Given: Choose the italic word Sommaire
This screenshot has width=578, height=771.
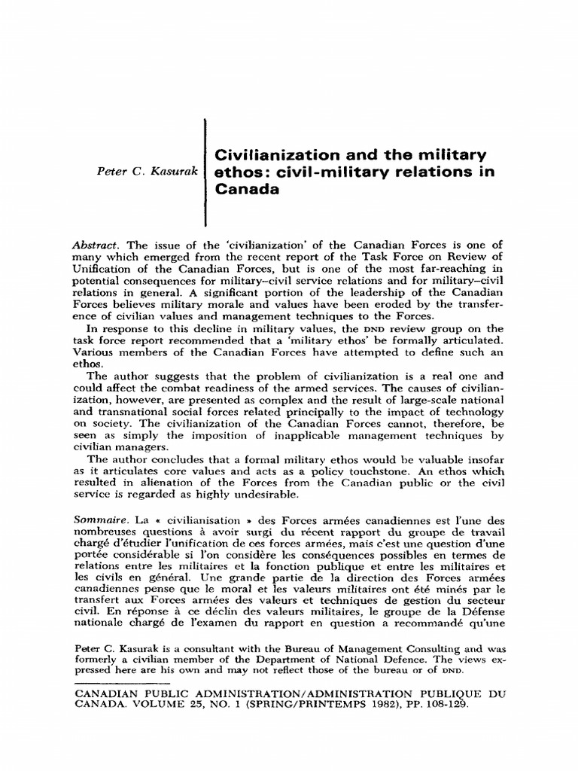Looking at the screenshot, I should point(99,520).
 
